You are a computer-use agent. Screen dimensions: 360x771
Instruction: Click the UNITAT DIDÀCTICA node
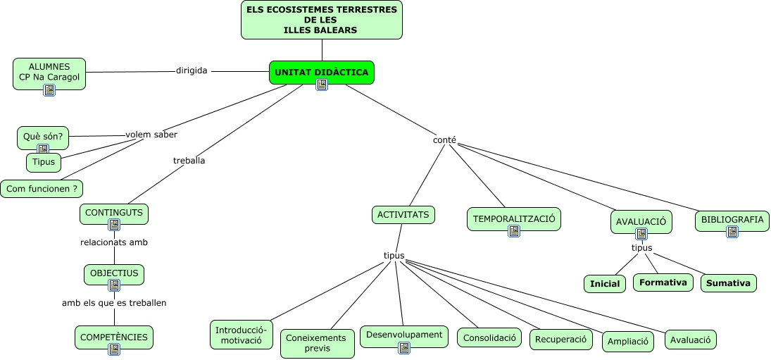click(321, 72)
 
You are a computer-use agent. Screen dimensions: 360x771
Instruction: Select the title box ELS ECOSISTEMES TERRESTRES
click(321, 20)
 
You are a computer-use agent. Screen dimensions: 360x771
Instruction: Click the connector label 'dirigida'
click(192, 70)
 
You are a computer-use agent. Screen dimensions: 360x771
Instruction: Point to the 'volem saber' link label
click(151, 135)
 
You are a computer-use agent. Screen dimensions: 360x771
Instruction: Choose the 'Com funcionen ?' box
click(42, 189)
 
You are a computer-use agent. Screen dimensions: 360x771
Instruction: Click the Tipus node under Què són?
click(44, 162)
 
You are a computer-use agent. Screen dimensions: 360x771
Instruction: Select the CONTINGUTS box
click(114, 213)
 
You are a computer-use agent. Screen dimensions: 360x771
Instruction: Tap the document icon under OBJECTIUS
click(114, 285)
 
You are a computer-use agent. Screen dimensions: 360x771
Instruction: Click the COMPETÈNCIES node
click(114, 337)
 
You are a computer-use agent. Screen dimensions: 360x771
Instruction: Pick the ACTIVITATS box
click(403, 215)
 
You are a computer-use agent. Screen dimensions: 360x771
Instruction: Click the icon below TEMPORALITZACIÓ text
click(514, 230)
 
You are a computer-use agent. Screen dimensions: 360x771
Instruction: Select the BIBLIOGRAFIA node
click(732, 220)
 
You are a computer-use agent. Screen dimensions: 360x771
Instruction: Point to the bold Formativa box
click(663, 283)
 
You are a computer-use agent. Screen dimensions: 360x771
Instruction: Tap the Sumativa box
click(728, 283)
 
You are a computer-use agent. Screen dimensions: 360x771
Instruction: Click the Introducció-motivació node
click(241, 335)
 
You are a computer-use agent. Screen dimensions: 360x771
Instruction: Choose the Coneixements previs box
click(317, 343)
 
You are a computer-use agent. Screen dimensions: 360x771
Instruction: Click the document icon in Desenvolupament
click(403, 347)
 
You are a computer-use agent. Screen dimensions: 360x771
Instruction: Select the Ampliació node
click(627, 342)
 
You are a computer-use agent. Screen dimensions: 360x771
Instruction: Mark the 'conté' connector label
click(444, 140)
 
